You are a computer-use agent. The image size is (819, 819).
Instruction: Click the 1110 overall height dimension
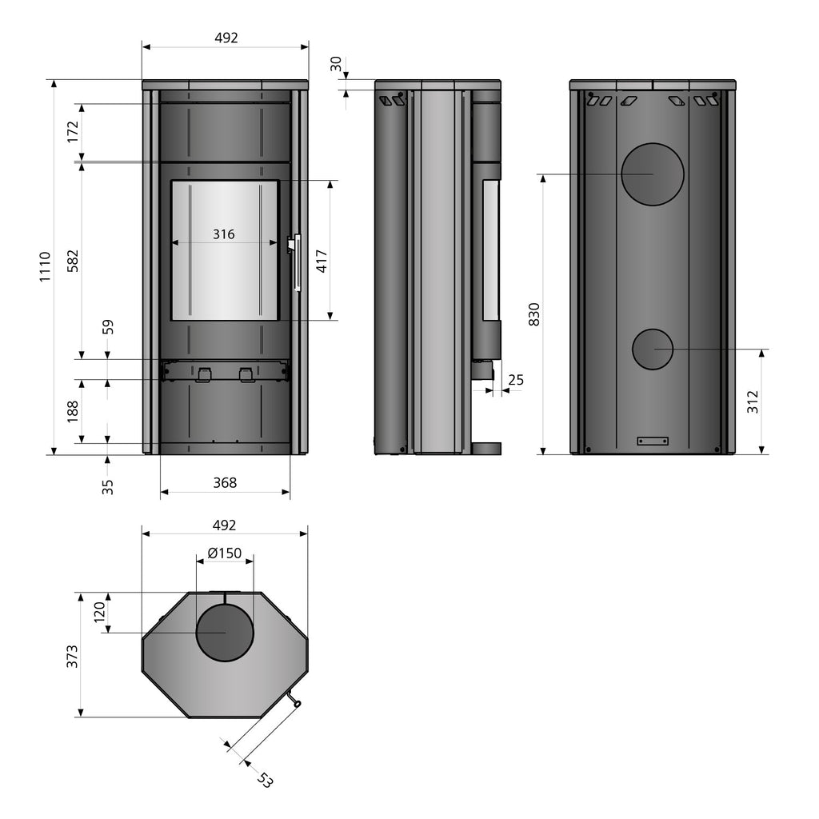[46, 267]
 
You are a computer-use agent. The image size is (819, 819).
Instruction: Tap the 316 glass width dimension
[224, 234]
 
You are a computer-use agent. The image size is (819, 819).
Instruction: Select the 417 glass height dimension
[322, 262]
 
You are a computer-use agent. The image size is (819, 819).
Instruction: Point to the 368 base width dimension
[225, 482]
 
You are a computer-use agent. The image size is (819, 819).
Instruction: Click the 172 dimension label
[73, 132]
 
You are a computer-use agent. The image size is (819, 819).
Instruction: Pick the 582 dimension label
[73, 261]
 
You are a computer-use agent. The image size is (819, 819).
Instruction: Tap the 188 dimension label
[73, 412]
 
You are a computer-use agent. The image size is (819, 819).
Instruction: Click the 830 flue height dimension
[534, 314]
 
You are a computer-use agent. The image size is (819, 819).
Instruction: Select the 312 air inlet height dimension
[752, 402]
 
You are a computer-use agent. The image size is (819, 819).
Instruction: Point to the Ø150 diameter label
[225, 553]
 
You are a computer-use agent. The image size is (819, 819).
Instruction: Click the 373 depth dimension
[72, 656]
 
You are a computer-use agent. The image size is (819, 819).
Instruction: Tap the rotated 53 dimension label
[266, 780]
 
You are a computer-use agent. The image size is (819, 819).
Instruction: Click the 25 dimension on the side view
[516, 380]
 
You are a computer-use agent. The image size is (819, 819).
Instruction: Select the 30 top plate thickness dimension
[336, 64]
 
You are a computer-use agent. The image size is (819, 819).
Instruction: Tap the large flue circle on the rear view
[653, 174]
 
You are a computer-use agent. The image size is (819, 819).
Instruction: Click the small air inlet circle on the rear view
[653, 350]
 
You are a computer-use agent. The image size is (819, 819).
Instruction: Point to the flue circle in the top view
[225, 633]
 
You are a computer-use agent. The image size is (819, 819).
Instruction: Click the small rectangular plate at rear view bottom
[653, 441]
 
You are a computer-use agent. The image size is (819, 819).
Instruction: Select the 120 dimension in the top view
[99, 612]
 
